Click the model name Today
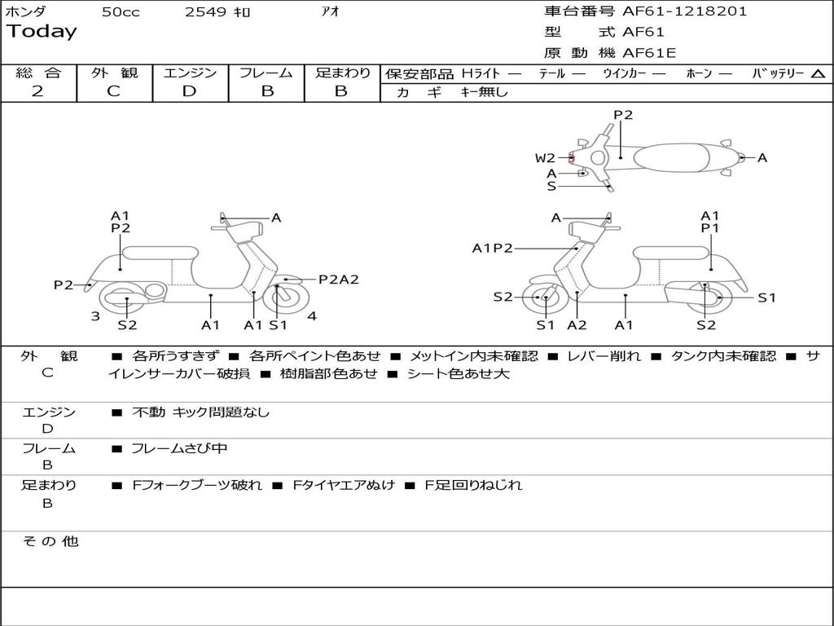click(42, 32)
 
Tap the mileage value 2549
click(205, 12)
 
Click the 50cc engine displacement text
click(121, 12)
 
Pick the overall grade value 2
click(37, 91)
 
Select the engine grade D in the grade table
click(189, 91)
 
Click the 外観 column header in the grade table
click(114, 73)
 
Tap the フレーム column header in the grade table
click(266, 73)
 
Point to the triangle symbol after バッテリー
click(818, 74)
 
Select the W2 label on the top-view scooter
click(545, 158)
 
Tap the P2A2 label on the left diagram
click(338, 280)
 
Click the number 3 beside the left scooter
click(95, 316)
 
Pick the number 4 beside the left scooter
click(312, 316)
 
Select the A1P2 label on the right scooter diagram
click(492, 249)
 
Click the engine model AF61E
click(648, 53)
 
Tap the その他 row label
click(50, 541)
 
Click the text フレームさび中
click(179, 448)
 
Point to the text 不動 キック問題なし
click(200, 412)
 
